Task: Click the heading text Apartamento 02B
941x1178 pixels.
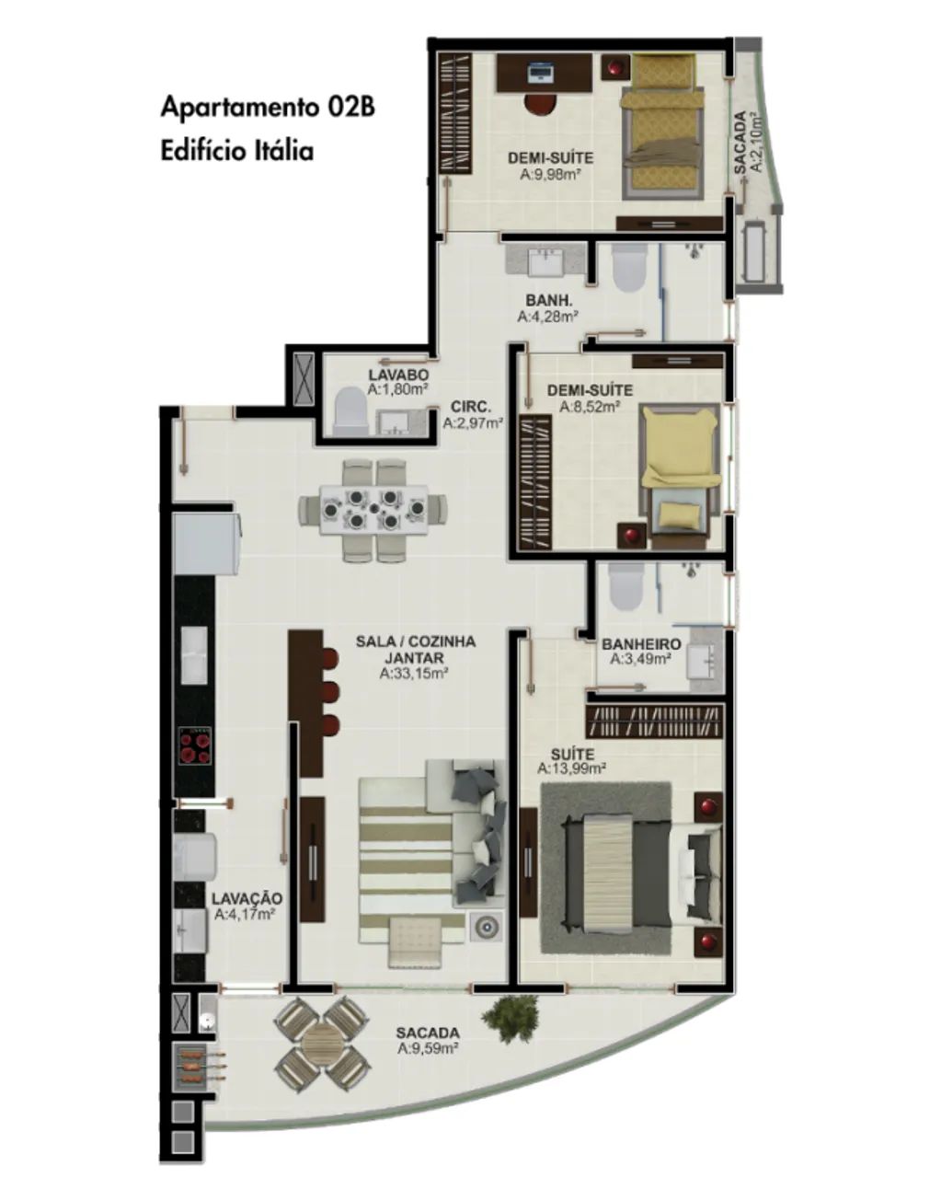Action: pos(268,108)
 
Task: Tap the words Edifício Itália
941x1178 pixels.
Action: pos(237,151)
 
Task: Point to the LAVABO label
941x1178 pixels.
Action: pos(398,375)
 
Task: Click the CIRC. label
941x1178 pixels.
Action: pos(472,408)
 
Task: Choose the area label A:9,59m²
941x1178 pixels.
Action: pos(428,1049)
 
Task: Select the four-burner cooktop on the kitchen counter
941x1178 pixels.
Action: pos(195,746)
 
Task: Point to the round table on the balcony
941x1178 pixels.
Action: pos(322,1045)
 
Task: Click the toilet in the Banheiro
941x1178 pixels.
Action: pos(626,587)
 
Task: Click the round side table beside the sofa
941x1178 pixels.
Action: pos(486,926)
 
